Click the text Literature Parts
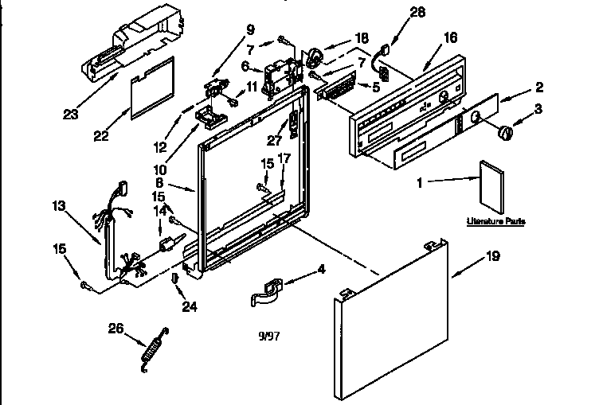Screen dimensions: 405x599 495,221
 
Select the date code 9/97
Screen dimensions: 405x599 268,336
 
